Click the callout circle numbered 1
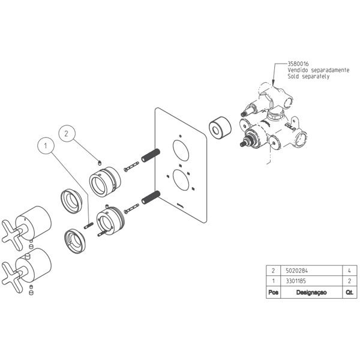pos(46,146)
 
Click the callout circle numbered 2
pos(67,133)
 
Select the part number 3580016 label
pos(298,64)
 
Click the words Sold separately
pos(308,76)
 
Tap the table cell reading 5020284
pos(296,271)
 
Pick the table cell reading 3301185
pos(296,281)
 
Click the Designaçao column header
pos(311,292)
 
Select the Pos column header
pos(273,292)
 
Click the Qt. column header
pos(350,292)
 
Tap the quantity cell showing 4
pos(349,271)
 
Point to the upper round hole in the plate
pos(181,151)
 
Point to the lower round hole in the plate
pos(181,180)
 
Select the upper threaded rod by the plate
pos(151,155)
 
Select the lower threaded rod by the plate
pos(151,197)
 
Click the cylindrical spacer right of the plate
pos(220,128)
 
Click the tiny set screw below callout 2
pos(100,163)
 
